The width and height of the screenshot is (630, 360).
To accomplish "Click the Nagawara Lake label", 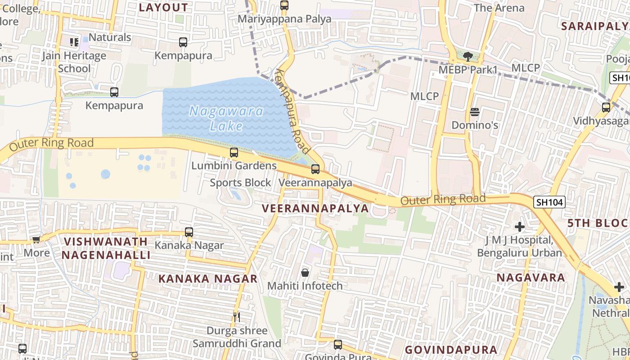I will (x=226, y=118).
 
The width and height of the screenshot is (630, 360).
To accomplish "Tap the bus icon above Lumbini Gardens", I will (x=234, y=152).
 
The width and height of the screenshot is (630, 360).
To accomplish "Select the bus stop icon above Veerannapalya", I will (x=315, y=169).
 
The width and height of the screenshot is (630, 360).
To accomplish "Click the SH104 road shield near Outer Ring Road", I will (x=549, y=202).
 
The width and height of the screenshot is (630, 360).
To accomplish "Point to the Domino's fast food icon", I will (x=475, y=112).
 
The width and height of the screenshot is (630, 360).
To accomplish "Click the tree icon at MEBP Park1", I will (x=468, y=56).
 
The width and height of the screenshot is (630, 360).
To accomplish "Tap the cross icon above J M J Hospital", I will (x=520, y=227).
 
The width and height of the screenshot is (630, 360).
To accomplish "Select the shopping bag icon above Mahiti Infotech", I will (x=305, y=272).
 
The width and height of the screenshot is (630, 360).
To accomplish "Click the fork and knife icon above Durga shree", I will (x=237, y=317).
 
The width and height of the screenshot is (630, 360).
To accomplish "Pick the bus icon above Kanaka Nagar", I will (x=189, y=232).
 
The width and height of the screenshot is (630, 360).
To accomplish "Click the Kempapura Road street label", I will (x=293, y=111).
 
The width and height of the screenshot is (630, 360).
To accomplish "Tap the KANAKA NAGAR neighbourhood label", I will (x=208, y=279).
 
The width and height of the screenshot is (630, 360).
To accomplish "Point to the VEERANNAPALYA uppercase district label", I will (x=315, y=208).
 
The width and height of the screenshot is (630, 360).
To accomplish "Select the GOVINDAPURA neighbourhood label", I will (x=451, y=350).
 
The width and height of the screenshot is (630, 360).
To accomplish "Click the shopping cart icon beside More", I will (x=36, y=239).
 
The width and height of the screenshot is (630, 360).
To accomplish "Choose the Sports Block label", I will (x=240, y=183).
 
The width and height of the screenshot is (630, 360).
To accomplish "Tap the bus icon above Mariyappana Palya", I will (x=284, y=5).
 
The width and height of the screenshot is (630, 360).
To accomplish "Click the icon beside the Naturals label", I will (x=74, y=42).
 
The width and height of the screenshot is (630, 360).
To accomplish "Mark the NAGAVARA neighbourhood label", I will (x=531, y=277).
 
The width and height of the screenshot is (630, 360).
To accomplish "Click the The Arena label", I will (x=499, y=8).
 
